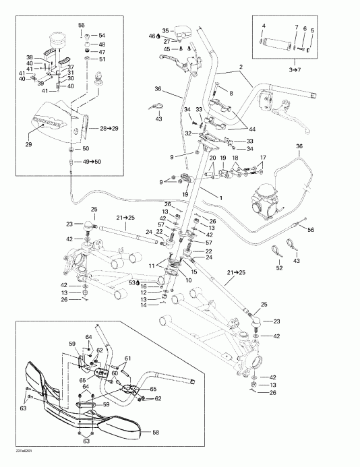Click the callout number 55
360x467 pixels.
82,25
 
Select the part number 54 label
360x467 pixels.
102,36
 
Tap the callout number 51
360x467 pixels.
102,59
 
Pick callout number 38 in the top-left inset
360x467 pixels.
29,57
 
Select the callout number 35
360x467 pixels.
166,30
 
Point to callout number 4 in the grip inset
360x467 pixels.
264,26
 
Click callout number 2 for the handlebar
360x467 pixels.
240,66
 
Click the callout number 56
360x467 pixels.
311,229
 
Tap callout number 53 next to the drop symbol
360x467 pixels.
133,283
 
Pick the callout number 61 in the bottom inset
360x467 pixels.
127,358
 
